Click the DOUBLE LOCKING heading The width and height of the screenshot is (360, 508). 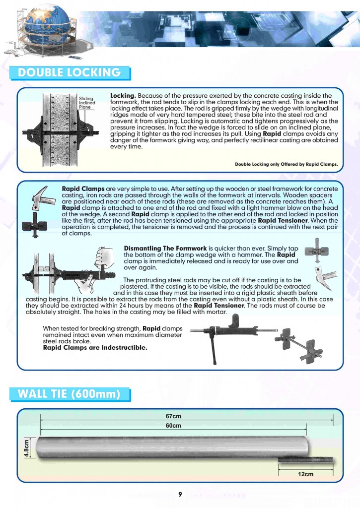[x=69, y=72]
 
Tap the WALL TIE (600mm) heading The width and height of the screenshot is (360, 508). [x=70, y=395]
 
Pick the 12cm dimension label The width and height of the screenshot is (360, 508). [x=305, y=474]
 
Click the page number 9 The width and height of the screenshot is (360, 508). [x=181, y=494]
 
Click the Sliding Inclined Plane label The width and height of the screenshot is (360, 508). [x=87, y=103]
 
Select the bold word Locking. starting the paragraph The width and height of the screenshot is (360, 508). [x=123, y=95]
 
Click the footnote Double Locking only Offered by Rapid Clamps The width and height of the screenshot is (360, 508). [x=286, y=164]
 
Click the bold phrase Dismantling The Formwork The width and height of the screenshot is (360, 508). [x=165, y=248]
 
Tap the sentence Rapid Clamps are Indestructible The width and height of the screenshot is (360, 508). [x=95, y=348]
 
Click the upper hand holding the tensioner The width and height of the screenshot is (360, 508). [x=105, y=257]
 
